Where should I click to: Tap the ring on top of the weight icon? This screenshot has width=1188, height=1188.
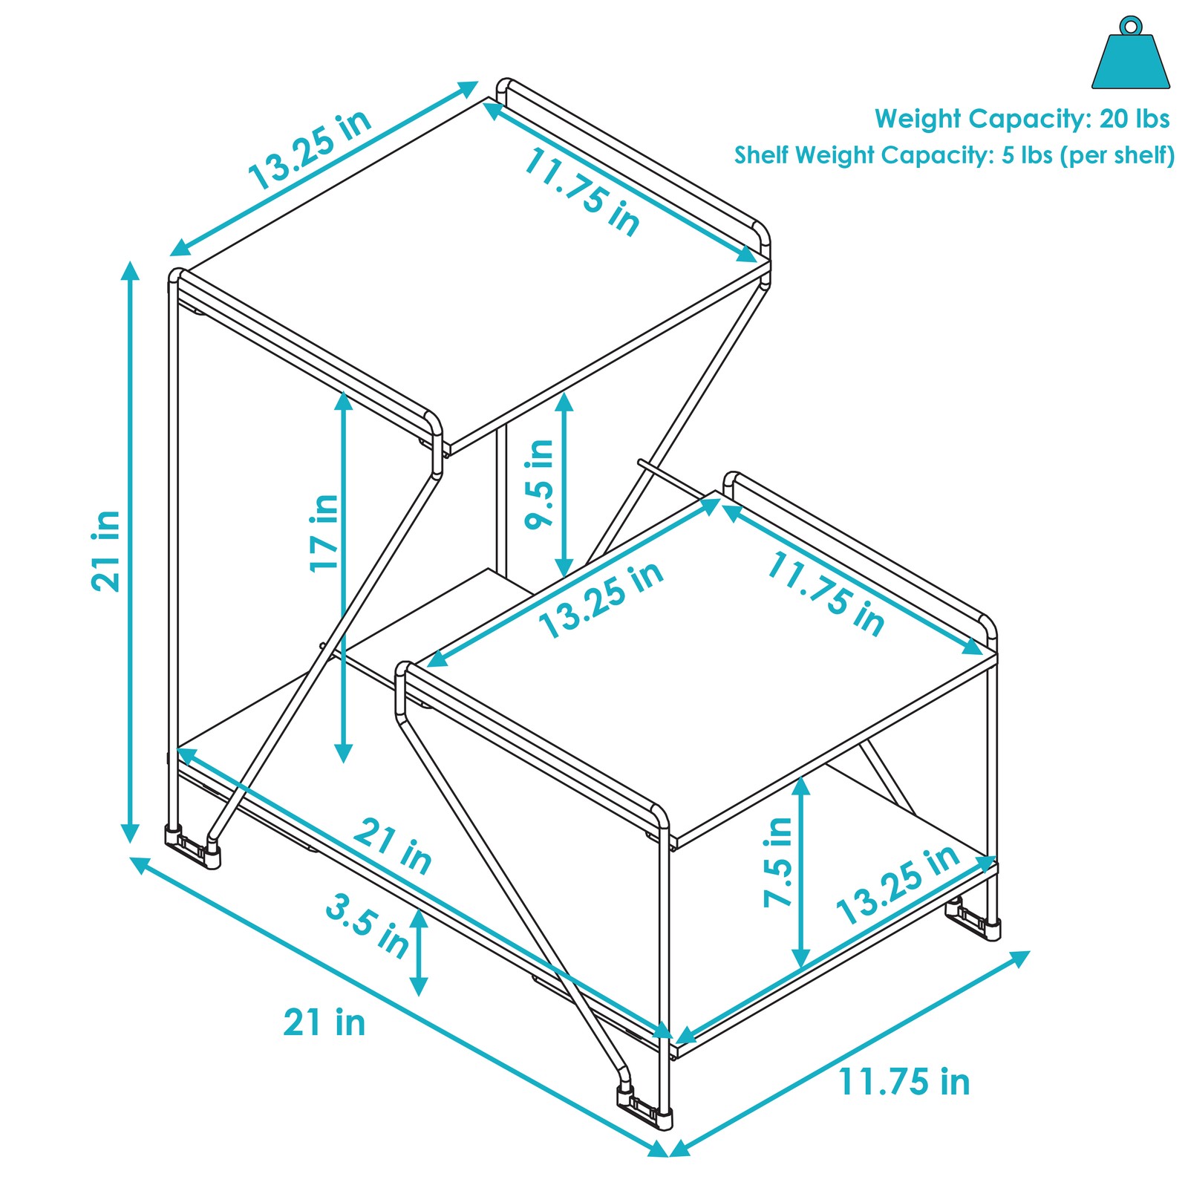click(x=1130, y=26)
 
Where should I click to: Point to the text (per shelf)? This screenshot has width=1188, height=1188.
click(x=1117, y=156)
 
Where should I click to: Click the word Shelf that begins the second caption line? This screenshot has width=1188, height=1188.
click(x=762, y=155)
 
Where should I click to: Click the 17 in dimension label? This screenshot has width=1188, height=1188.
click(x=324, y=532)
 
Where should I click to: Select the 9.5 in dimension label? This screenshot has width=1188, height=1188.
click(x=540, y=483)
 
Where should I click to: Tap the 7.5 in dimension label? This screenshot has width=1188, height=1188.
click(x=779, y=862)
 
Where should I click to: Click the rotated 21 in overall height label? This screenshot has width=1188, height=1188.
click(x=105, y=551)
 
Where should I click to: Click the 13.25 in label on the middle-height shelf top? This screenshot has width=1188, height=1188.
click(x=601, y=600)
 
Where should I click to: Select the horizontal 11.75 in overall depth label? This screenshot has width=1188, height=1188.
click(x=904, y=1082)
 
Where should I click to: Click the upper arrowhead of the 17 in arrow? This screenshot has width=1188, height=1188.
click(x=343, y=400)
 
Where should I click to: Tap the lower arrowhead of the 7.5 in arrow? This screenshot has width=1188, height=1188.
click(x=800, y=959)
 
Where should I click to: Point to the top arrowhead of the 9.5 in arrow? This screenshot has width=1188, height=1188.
click(x=564, y=402)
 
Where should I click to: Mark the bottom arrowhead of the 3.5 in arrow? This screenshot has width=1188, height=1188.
click(x=419, y=987)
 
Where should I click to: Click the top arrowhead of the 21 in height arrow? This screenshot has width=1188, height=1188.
click(x=131, y=270)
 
